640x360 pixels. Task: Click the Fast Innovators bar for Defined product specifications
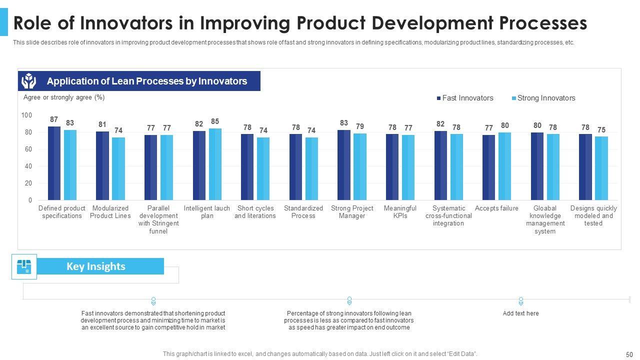[x=54, y=163]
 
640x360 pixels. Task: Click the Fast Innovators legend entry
[x=464, y=98]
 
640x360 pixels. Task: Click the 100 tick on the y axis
[x=26, y=115]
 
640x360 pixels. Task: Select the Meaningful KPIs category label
[x=400, y=212]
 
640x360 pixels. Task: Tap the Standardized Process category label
[x=303, y=212]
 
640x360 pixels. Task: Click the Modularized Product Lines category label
[x=110, y=212]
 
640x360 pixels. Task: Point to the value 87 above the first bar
[x=54, y=119]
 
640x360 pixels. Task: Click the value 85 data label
[x=215, y=121]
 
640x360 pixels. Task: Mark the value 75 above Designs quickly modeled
[x=601, y=130]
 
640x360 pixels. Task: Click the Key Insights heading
[x=95, y=266]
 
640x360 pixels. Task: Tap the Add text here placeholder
[x=520, y=313]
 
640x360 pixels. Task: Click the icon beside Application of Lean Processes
[x=29, y=81]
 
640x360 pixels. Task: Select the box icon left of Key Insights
[x=24, y=266]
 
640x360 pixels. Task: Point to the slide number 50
[x=629, y=354]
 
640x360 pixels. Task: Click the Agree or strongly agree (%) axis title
[x=64, y=97]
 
